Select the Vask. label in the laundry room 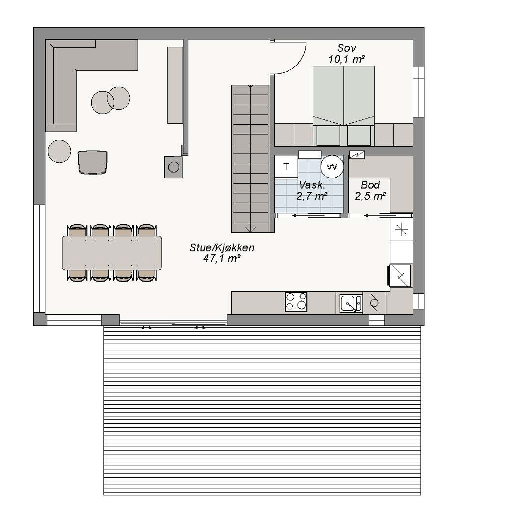tap(312, 185)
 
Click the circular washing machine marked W tap(332, 166)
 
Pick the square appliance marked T tap(286, 166)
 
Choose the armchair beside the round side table tap(92, 162)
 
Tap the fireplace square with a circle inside tap(173, 167)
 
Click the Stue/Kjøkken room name tap(222, 248)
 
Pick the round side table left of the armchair tap(59, 151)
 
